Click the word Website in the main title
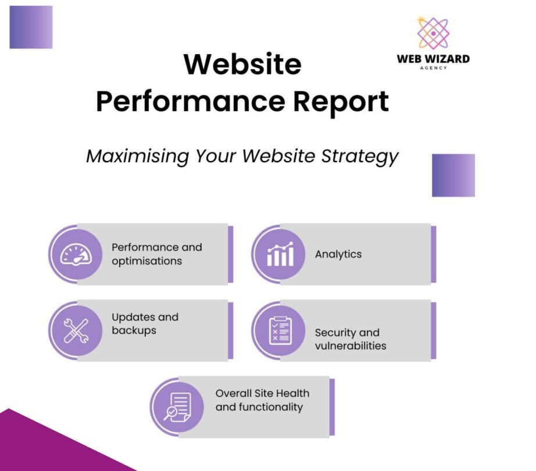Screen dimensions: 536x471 point(242,64)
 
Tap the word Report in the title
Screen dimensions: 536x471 point(341,102)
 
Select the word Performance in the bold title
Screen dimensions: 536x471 point(191,101)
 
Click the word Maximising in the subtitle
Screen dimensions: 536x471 point(137,156)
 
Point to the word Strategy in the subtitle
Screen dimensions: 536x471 point(360,156)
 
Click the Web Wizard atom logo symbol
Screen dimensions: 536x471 point(433,33)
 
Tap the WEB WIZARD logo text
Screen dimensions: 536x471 point(433,59)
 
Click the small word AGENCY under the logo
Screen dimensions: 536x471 point(434,67)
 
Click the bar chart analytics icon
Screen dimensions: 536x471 point(280,254)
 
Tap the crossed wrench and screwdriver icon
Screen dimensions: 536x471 point(76,330)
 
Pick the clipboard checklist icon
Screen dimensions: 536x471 point(280,330)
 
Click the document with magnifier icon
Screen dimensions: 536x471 point(177,407)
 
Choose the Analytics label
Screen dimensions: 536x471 point(338,254)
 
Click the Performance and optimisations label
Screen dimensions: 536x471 point(156,254)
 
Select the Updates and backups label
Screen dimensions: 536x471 point(145,324)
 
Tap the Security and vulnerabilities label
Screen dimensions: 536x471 point(351,339)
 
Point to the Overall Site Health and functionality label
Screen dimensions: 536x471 point(262,400)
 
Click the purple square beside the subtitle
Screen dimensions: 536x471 point(453,176)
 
